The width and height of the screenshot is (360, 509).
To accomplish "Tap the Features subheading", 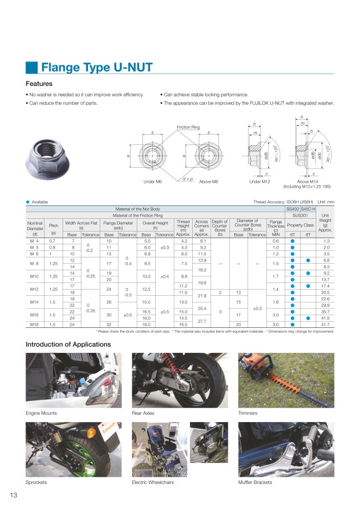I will (x=39, y=84).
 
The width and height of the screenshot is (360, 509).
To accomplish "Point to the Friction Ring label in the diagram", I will (x=188, y=127).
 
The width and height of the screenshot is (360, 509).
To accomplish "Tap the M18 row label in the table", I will (x=35, y=325).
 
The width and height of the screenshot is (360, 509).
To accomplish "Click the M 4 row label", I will (x=35, y=241).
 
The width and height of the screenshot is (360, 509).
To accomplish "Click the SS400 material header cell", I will (x=292, y=209).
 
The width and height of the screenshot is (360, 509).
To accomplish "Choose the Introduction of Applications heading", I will (x=68, y=345).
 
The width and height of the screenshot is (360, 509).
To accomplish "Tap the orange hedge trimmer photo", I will (x=286, y=380).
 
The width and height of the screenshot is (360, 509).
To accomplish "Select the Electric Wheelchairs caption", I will (x=153, y=483).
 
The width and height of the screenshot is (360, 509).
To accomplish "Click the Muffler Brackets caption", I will (x=255, y=483).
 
